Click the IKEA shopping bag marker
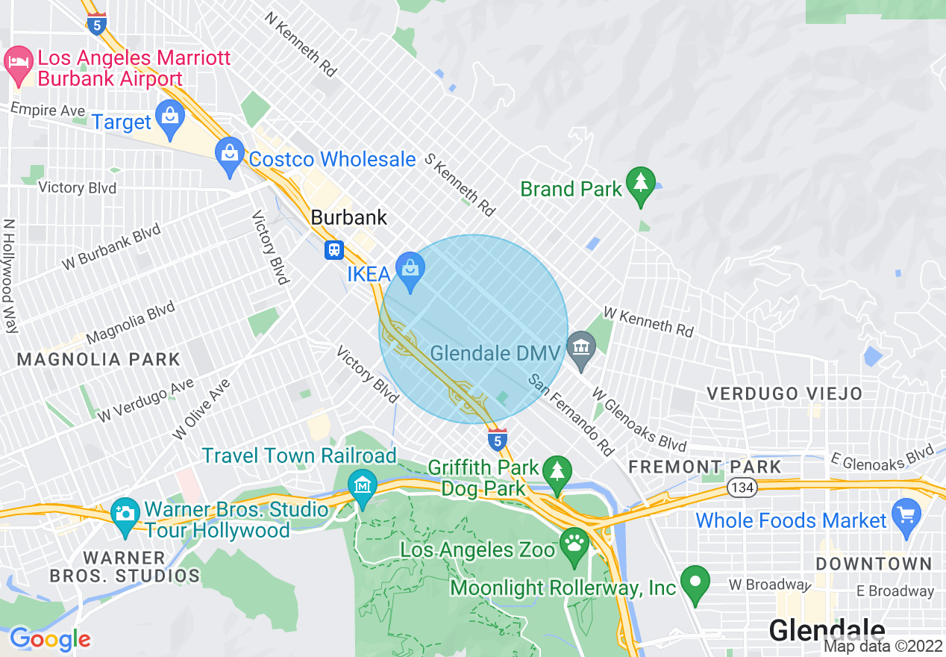pyautogui.click(x=410, y=267)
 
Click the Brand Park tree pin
pyautogui.click(x=640, y=184)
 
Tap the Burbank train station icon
pyautogui.click(x=333, y=249)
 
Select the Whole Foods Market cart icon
pyautogui.click(x=906, y=515)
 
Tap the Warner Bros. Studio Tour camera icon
pyautogui.click(x=125, y=514)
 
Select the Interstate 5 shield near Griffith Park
pyautogui.click(x=498, y=440)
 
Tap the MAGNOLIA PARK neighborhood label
pyautogui.click(x=98, y=359)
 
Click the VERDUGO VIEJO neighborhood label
pyautogui.click(x=784, y=393)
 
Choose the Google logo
pyautogui.click(x=50, y=639)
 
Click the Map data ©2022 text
pyautogui.click(x=883, y=647)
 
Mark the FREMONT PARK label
pyautogui.click(x=704, y=467)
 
